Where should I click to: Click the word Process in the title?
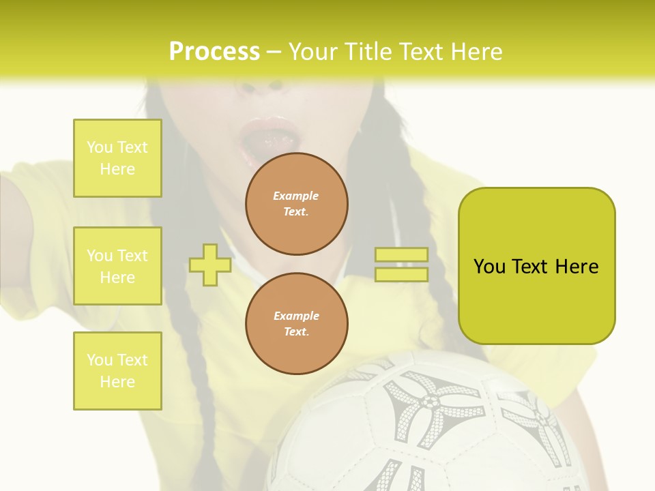(x=214, y=51)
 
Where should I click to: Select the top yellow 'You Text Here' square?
(x=117, y=158)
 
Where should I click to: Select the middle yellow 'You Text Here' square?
(x=117, y=266)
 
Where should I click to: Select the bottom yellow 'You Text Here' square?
(x=117, y=370)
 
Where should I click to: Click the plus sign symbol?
(x=210, y=265)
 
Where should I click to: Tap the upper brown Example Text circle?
(x=296, y=204)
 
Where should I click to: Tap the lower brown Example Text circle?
(x=296, y=324)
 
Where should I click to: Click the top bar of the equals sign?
(x=401, y=255)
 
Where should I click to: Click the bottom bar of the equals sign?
(x=401, y=275)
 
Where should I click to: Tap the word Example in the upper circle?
(x=296, y=196)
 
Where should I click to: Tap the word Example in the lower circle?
(x=296, y=316)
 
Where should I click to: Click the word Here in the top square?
(x=117, y=169)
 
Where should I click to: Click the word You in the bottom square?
(x=100, y=360)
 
